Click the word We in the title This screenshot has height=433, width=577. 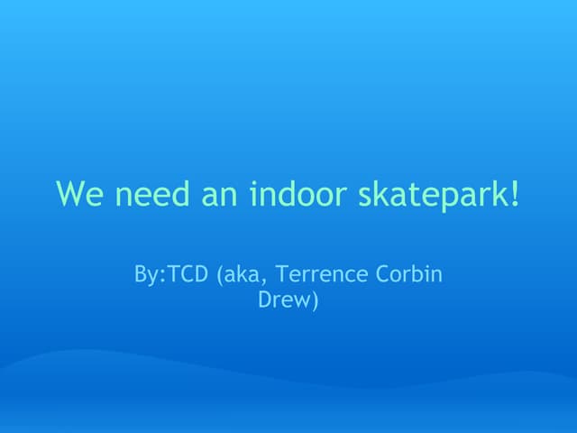click(x=75, y=194)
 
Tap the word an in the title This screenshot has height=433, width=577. click(x=206, y=194)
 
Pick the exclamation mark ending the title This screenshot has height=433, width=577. click(x=516, y=193)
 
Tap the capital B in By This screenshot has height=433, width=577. click(x=140, y=275)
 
